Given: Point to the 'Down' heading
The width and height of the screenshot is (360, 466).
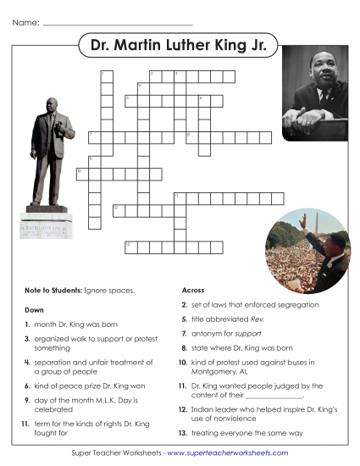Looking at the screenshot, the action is click(34, 310).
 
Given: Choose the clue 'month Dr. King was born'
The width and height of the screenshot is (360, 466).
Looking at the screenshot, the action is click(73, 324).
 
